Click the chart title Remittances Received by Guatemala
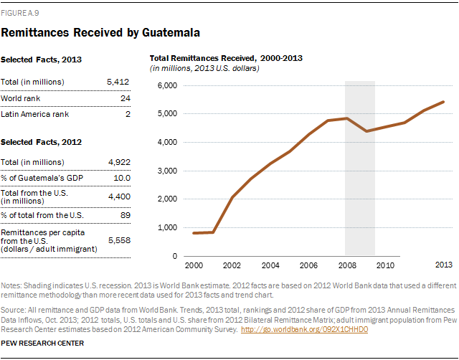[x=100, y=32]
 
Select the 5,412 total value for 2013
[x=118, y=82]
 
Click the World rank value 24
[x=125, y=98]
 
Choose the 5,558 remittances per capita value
[x=118, y=241]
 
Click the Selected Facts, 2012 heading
[x=41, y=143]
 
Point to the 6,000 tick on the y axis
[x=167, y=85]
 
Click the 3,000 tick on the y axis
[x=167, y=171]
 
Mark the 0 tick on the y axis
[x=175, y=256]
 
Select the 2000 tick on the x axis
[x=195, y=265]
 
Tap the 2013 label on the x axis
[x=445, y=265]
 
